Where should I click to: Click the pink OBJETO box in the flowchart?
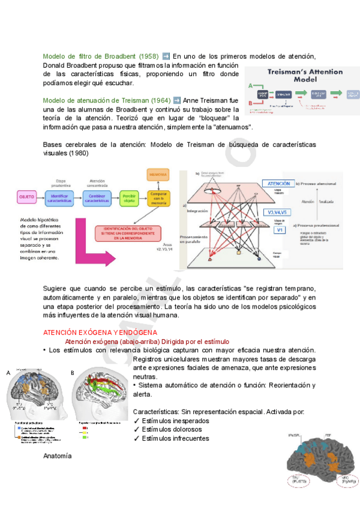26,196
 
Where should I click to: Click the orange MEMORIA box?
158,175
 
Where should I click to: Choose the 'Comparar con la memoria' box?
158,197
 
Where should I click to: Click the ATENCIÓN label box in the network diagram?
278,184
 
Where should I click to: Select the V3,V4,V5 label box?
277,212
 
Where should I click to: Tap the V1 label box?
279,229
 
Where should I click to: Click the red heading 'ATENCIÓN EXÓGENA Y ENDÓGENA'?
100,332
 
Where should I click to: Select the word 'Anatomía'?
58,456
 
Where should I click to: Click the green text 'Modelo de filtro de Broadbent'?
90,56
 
